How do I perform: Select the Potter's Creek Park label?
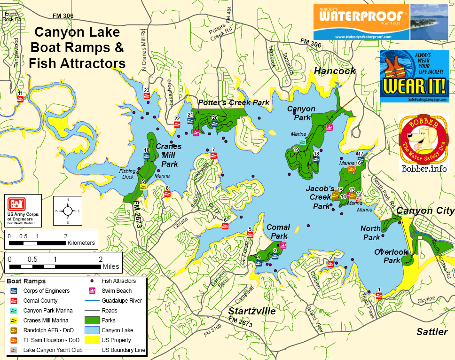click(234, 102)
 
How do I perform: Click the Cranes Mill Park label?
click(168, 155)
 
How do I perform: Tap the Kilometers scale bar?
click(38, 243)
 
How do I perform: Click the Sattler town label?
click(432, 332)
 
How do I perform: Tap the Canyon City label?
click(425, 211)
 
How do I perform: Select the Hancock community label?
click(334, 71)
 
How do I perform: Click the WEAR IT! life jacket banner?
click(415, 76)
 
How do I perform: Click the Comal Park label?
click(278, 231)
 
